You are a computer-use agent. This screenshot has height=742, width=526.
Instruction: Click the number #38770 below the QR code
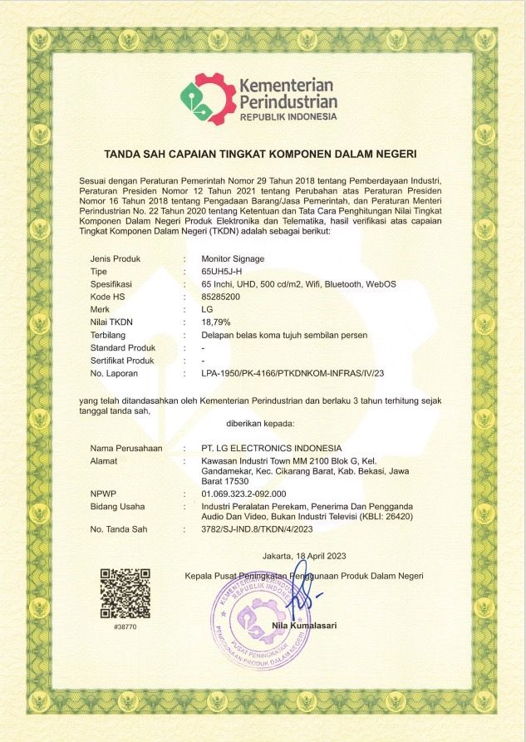pyautogui.click(x=125, y=627)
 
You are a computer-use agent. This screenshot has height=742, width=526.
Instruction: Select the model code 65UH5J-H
pyautogui.click(x=221, y=272)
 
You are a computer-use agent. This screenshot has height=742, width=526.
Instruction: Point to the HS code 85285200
pyautogui.click(x=220, y=297)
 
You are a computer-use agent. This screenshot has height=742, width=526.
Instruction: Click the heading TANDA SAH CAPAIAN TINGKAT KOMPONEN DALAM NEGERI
pyautogui.click(x=260, y=154)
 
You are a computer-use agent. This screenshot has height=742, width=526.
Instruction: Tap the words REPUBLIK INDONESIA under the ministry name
pyautogui.click(x=288, y=117)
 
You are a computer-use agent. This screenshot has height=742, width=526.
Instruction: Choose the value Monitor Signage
pyautogui.click(x=233, y=259)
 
